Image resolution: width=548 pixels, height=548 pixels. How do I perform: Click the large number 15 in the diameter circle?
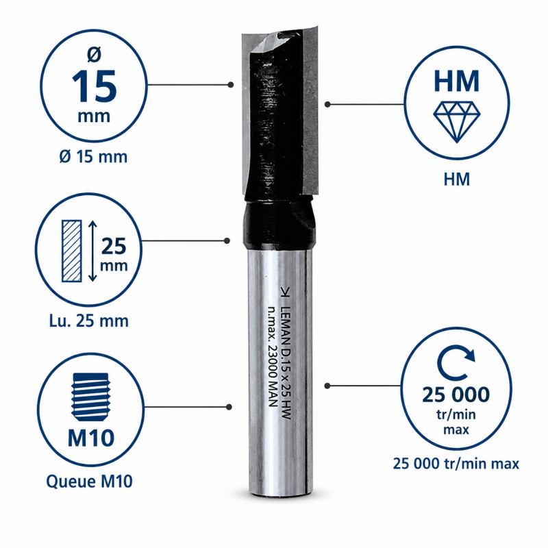tap(94, 86)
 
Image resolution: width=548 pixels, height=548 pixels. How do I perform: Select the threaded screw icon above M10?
tap(91, 397)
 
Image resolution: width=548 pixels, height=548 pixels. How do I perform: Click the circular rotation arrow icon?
tap(456, 364)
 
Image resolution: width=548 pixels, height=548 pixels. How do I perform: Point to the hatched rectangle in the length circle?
tap(72, 251)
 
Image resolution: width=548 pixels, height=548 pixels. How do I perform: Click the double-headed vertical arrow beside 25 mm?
tap(92, 251)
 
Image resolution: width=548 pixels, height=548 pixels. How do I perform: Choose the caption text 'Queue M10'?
tap(90, 482)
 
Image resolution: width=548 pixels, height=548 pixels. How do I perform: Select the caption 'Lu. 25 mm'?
tap(89, 321)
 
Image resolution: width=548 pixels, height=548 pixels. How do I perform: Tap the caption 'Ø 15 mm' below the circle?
tap(93, 157)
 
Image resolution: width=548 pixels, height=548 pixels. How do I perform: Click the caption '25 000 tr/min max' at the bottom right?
tap(456, 464)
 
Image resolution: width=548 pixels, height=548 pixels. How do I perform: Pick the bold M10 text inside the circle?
tap(91, 438)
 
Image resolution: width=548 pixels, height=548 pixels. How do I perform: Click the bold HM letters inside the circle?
tap(456, 81)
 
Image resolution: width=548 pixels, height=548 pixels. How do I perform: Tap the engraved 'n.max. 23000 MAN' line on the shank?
tap(273, 356)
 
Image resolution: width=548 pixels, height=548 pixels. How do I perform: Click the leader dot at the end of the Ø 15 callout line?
tap(230, 84)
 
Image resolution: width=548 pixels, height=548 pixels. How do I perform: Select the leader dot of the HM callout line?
tap(327, 104)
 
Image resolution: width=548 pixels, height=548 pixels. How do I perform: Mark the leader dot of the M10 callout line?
tap(229, 407)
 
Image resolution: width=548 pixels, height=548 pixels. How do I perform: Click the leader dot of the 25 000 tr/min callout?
tap(327, 386)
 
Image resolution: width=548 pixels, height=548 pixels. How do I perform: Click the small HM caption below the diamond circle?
tap(456, 179)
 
